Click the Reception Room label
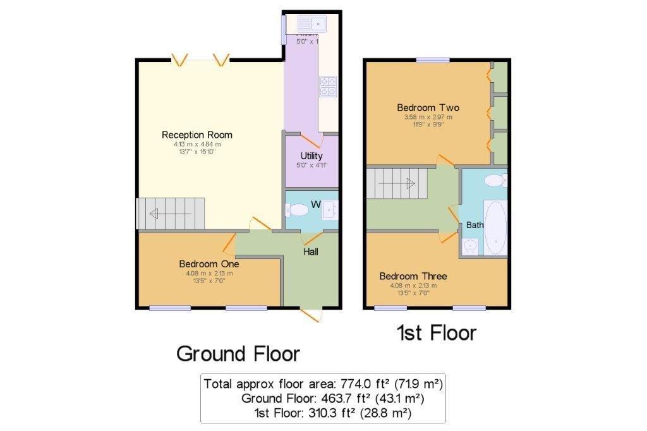(x=197, y=135)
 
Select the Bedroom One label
(x=209, y=264)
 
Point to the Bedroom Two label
(x=428, y=107)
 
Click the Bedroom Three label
(x=413, y=276)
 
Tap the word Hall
(x=311, y=252)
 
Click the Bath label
(x=475, y=225)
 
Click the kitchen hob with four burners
(x=328, y=86)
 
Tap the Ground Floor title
(x=238, y=353)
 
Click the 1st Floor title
(x=437, y=332)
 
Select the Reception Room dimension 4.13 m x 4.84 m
(x=197, y=144)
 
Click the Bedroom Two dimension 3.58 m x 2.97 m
(x=428, y=117)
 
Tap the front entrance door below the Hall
(x=311, y=314)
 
